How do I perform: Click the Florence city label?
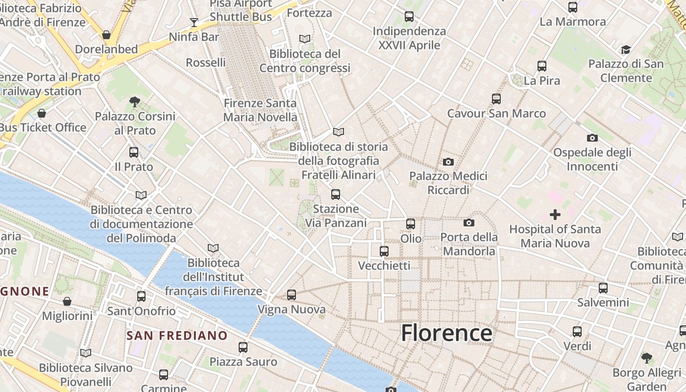[x=446, y=333]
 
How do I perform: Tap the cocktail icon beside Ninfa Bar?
[x=194, y=23]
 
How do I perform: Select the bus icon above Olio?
[x=411, y=224]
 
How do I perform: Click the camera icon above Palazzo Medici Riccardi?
[x=448, y=162]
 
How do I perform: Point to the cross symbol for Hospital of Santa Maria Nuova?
[x=555, y=215]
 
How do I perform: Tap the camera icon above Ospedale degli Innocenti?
[x=592, y=138]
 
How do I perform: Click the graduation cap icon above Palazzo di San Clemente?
[x=626, y=49]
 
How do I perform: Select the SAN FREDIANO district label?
[x=177, y=336]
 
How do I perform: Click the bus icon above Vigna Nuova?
[x=292, y=295]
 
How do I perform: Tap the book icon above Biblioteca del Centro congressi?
[x=305, y=39]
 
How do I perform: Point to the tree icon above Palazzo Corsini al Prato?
[x=135, y=102]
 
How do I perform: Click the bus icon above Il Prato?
[x=134, y=152]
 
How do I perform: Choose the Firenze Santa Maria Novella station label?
[x=260, y=110]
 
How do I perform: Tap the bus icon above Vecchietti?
[x=384, y=251]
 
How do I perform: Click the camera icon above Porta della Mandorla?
[x=468, y=223]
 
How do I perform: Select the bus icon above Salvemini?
[x=603, y=288]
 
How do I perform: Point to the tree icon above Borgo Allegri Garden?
[x=647, y=358]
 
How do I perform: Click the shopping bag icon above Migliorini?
[x=67, y=301]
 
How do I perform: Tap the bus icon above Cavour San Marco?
[x=496, y=99]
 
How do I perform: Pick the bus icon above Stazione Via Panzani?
[x=336, y=195]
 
